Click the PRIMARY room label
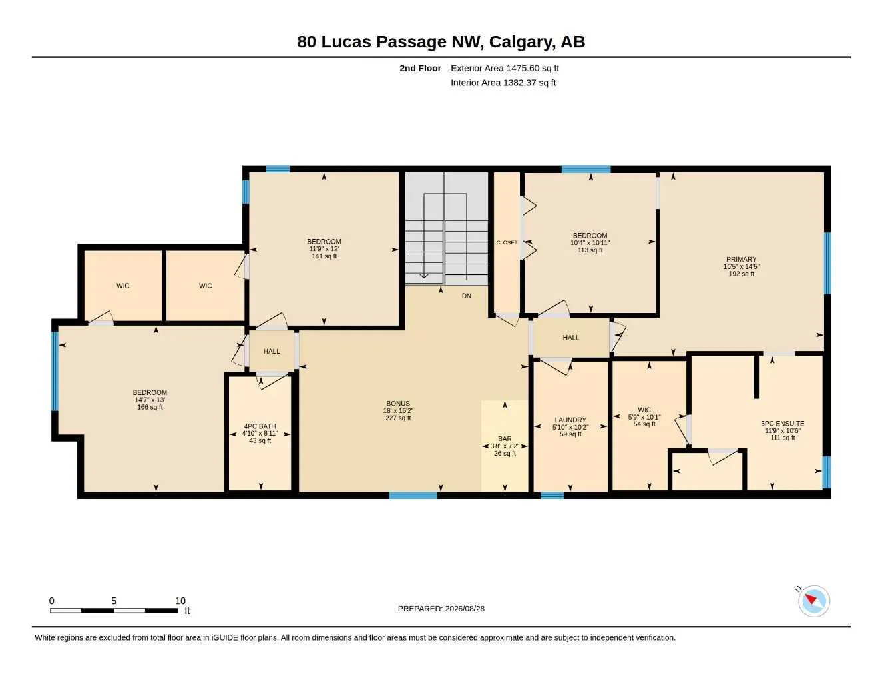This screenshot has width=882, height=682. tap(741, 259)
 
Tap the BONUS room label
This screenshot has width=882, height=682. tap(398, 403)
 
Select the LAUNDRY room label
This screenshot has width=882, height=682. tap(570, 420)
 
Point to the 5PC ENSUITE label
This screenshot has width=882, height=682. tap(782, 423)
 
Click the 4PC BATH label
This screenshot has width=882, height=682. tap(260, 426)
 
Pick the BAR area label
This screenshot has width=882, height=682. tap(505, 438)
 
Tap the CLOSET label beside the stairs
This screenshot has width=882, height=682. tap(507, 242)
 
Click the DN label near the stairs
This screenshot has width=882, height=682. tap(467, 296)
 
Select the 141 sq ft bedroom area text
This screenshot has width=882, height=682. tap(324, 256)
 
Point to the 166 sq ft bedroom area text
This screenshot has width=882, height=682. tap(150, 407)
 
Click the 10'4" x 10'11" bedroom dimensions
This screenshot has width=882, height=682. tap(590, 242)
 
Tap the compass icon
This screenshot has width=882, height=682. tap(813, 601)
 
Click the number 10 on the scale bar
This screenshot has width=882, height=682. tap(180, 601)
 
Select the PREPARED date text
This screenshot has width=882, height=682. tap(441, 609)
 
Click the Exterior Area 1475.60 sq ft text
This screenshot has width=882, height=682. tap(505, 68)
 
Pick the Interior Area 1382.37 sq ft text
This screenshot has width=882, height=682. tap(503, 83)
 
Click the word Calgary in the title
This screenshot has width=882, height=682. tap(522, 42)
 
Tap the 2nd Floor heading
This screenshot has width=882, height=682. tap(420, 68)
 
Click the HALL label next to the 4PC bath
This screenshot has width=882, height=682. tap(272, 351)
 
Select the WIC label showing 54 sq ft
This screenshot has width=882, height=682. tap(644, 410)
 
